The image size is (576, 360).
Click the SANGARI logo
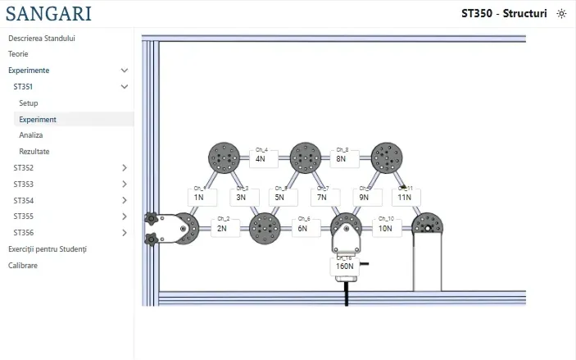(x=48, y=13)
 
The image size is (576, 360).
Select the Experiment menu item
(x=38, y=119)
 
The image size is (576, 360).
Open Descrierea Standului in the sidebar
(x=42, y=38)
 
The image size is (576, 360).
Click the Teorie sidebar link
(x=18, y=54)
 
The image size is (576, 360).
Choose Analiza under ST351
(x=31, y=135)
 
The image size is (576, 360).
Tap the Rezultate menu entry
(x=34, y=152)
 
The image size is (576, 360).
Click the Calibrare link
(x=23, y=266)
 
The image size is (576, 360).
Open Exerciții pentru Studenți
(x=47, y=249)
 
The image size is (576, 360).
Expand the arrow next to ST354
(x=125, y=200)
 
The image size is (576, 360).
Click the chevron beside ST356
(x=125, y=233)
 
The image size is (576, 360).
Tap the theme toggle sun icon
(x=561, y=14)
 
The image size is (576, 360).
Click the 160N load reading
(x=345, y=266)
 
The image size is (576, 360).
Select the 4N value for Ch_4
(x=261, y=158)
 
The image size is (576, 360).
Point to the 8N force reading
(x=342, y=158)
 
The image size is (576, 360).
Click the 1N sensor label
(x=199, y=198)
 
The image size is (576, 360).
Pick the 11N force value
(x=405, y=198)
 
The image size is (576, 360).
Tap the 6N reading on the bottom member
(x=302, y=229)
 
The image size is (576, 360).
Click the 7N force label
(x=322, y=198)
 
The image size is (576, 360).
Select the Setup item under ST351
(x=29, y=103)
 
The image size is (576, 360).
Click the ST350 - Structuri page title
(x=504, y=14)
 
